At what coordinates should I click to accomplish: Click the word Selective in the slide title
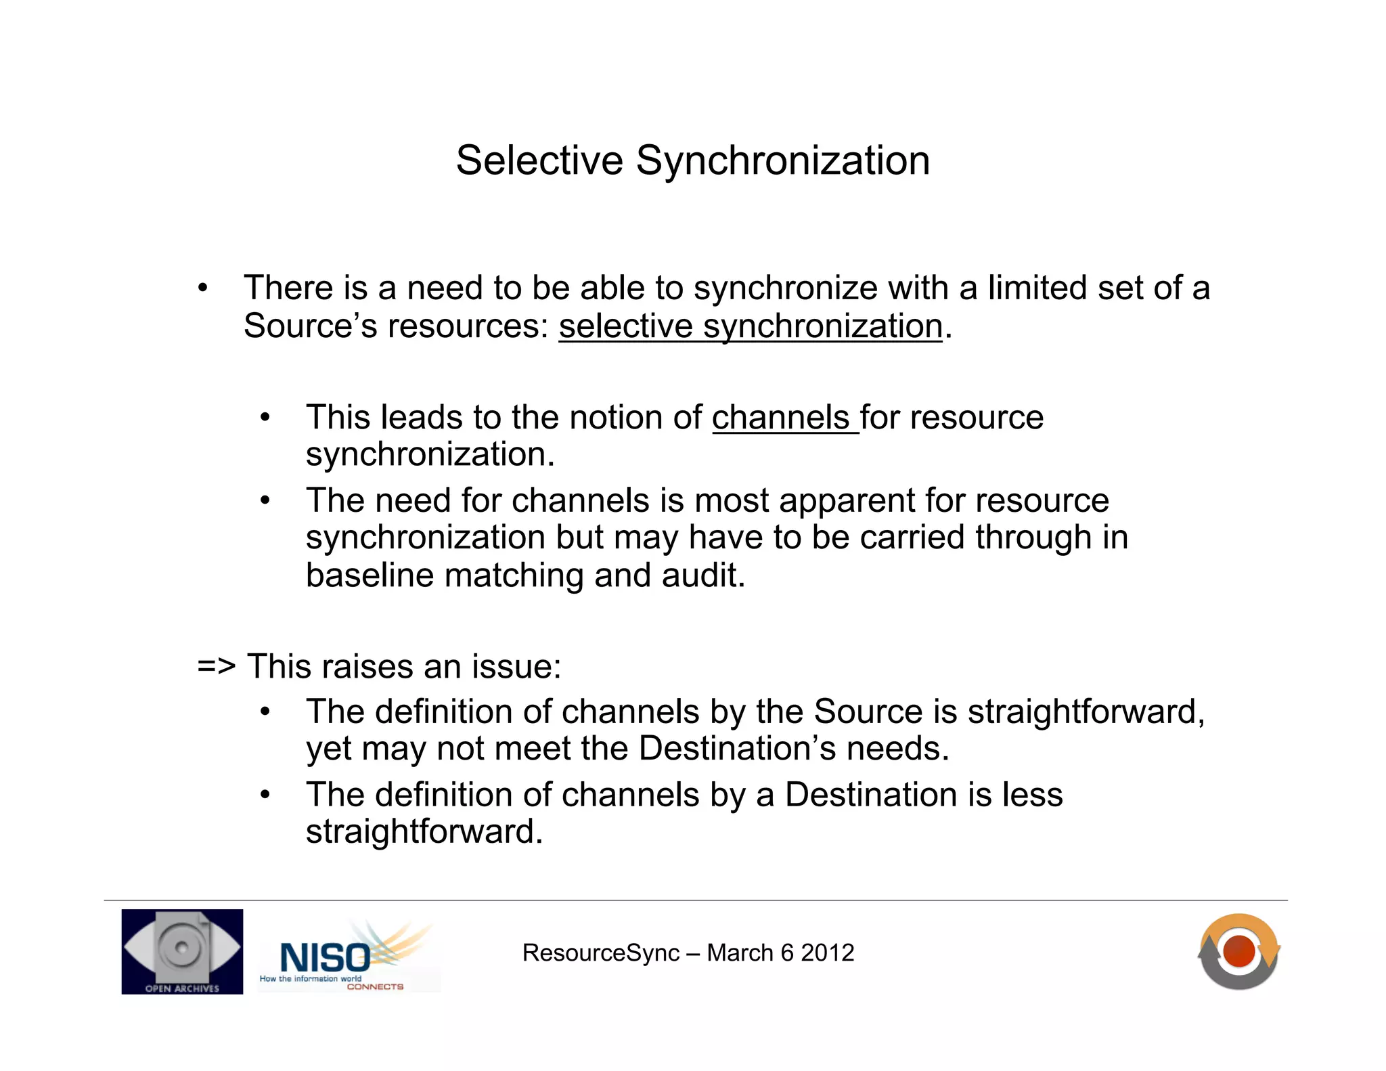pos(539,161)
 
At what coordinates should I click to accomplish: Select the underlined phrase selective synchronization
pos(750,327)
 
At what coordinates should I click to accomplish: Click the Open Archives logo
pos(182,951)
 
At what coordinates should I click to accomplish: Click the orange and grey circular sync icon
pos(1238,951)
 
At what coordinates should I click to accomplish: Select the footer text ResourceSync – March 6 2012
pos(688,953)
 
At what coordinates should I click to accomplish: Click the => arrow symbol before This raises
pos(216,667)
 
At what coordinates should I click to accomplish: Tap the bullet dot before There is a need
pos(202,289)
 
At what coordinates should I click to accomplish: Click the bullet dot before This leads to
pos(265,418)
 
